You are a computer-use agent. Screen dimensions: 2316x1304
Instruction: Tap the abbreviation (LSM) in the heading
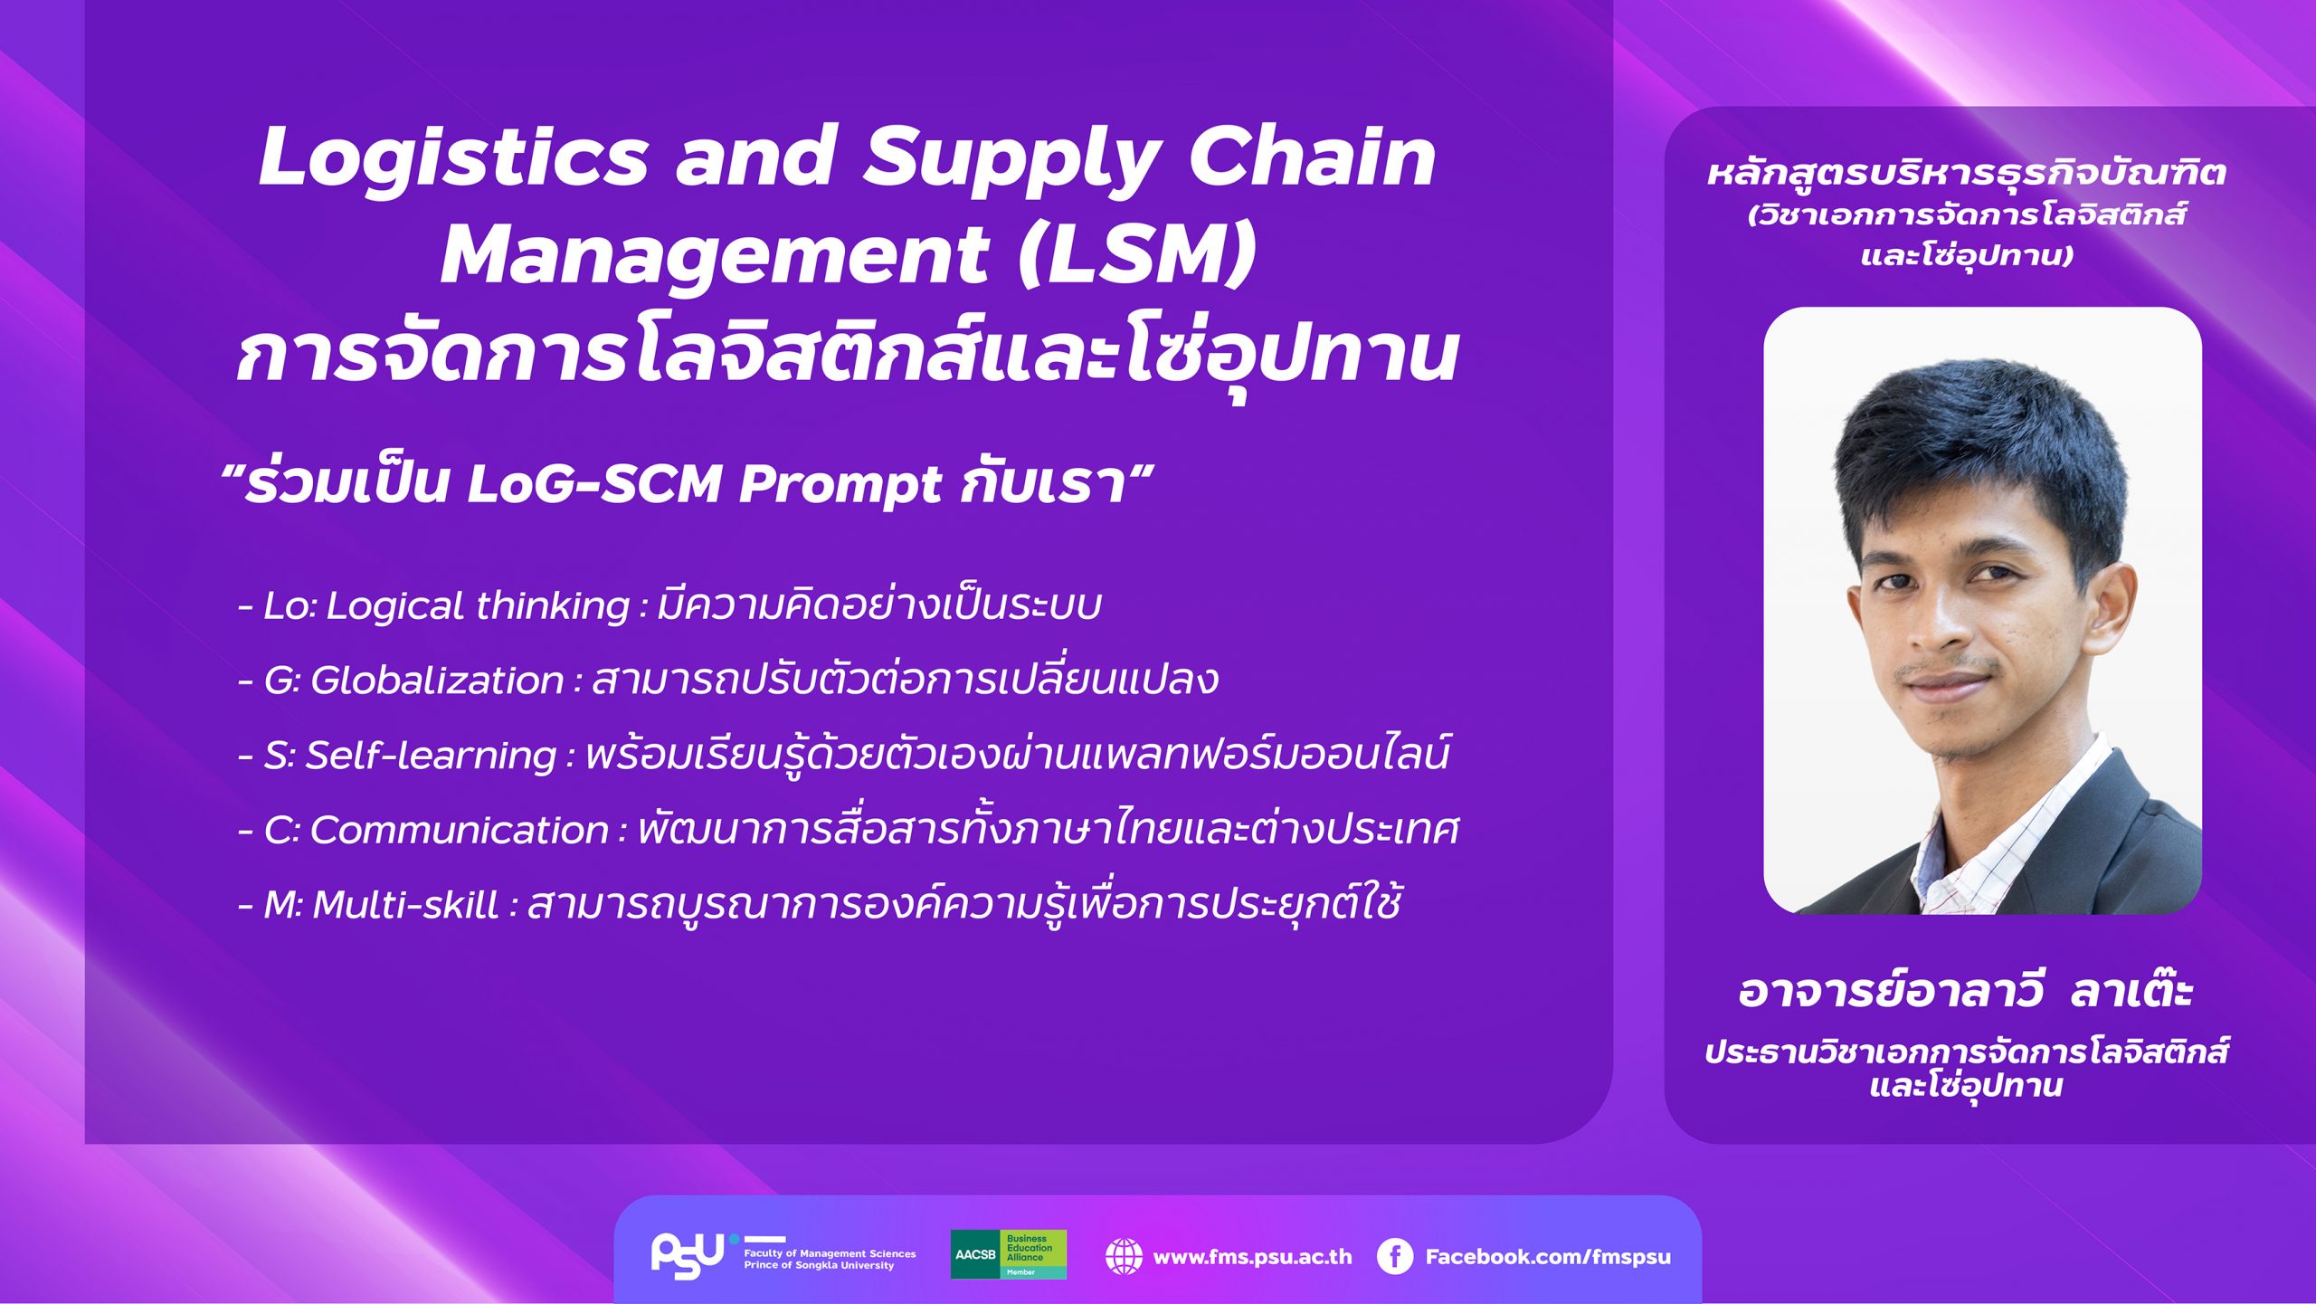[1137, 255]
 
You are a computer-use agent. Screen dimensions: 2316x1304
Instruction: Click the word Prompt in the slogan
[840, 485]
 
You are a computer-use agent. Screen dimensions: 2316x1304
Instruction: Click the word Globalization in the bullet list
[437, 680]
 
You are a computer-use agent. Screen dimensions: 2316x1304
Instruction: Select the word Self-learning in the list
[431, 756]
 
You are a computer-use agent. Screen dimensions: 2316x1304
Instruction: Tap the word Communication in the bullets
[459, 830]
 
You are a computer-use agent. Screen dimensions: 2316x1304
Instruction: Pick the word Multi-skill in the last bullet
[404, 904]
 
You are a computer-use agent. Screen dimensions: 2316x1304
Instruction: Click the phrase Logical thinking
[478, 606]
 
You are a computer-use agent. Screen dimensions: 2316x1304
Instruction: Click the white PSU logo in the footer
[688, 1254]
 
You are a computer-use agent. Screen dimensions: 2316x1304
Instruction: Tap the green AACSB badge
[1008, 1254]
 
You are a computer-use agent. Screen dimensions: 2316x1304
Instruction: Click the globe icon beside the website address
[1124, 1256]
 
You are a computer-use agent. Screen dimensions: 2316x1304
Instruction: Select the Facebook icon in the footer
[1394, 1256]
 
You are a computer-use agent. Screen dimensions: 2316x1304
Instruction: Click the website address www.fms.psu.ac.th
[1252, 1257]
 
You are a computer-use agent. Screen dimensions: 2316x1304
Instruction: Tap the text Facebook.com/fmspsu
[1548, 1257]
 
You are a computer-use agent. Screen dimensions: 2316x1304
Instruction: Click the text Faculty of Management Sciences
[830, 1253]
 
